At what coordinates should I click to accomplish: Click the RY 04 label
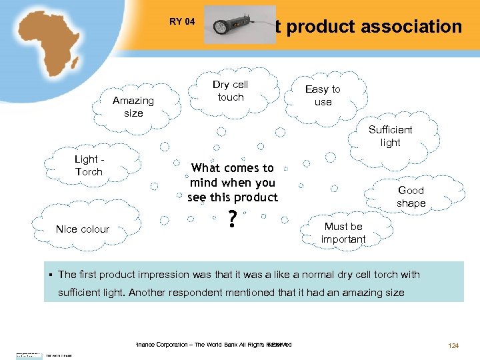click(182, 21)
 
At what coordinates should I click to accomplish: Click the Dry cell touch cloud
click(230, 91)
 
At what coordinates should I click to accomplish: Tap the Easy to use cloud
click(323, 95)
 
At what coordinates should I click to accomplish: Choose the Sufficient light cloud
click(390, 136)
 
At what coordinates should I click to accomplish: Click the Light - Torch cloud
click(89, 165)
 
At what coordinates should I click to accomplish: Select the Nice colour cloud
click(83, 229)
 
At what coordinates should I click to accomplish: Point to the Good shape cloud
click(411, 197)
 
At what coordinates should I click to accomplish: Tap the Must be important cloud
click(343, 233)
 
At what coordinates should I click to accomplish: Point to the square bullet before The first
click(51, 275)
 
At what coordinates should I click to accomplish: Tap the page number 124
click(454, 345)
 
